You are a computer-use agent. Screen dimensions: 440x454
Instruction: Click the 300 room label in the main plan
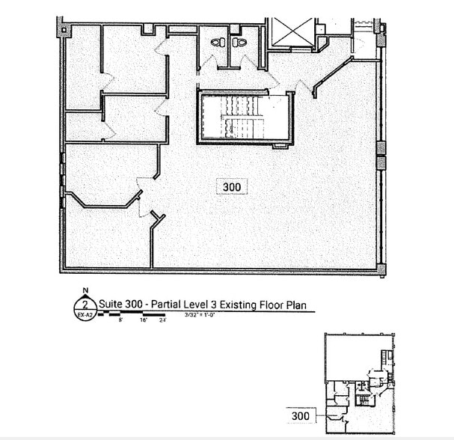pos(232,187)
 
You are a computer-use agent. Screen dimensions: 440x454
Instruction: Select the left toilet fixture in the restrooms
pos(218,43)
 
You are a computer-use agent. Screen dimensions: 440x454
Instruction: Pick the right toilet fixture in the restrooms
pos(241,43)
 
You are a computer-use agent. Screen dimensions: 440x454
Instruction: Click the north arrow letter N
pos(86,290)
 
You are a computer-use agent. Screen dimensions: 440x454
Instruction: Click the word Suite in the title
pos(111,305)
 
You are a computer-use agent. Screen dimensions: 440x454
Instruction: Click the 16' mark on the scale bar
pos(144,319)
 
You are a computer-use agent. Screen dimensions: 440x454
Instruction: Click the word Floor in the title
pos(274,305)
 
